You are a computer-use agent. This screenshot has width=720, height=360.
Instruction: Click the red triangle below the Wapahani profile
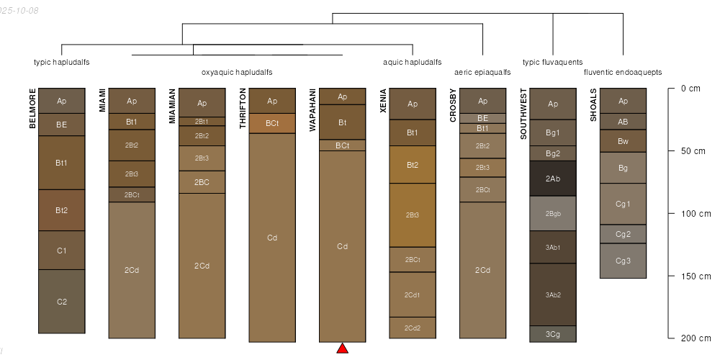(x=342, y=348)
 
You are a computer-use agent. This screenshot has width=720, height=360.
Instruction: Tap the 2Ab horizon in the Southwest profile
(x=553, y=178)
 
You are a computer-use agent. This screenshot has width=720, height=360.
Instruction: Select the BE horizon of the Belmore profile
(x=62, y=125)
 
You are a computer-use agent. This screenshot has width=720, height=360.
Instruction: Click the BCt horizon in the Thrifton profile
(x=272, y=123)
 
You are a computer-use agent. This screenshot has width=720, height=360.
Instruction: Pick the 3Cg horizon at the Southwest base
(x=553, y=333)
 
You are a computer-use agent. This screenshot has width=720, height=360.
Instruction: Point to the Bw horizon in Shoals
(x=623, y=141)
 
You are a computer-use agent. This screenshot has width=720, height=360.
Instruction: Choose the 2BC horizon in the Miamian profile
(x=202, y=182)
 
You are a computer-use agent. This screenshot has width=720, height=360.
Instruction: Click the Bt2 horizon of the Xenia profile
(x=413, y=165)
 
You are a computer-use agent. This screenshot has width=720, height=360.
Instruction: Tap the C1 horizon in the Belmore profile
(x=62, y=251)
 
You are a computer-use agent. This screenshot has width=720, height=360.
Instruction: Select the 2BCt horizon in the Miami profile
(x=132, y=194)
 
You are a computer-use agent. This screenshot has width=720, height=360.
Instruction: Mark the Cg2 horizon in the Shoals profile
(x=623, y=234)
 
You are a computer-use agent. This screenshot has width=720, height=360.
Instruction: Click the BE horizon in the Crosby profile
(x=482, y=118)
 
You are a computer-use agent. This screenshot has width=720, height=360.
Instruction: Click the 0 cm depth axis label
(x=690, y=89)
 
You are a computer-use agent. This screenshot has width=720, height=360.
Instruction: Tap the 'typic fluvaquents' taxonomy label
(x=552, y=62)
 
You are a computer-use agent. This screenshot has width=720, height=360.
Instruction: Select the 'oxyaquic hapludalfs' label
(x=237, y=72)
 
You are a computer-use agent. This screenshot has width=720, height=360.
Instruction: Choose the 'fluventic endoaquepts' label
(x=623, y=72)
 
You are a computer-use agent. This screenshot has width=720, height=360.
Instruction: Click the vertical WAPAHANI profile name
(x=313, y=110)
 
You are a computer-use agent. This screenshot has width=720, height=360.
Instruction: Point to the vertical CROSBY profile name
(x=453, y=106)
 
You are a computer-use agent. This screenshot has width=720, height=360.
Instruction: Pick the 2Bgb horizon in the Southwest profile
(x=553, y=214)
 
